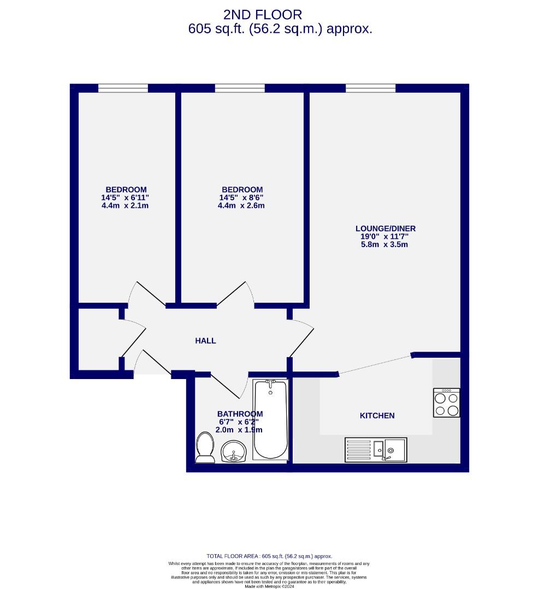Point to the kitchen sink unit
[x=376, y=449]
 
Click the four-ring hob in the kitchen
[x=446, y=402]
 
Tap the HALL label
[x=205, y=341]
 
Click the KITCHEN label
[x=377, y=416]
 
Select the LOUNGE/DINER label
[x=381, y=229]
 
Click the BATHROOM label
[x=240, y=414]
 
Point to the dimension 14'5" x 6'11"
[x=125, y=197]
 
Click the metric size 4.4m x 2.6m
[x=241, y=206]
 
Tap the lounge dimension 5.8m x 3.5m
[x=381, y=245]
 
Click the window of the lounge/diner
[x=370, y=88]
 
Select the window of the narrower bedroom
[x=123, y=88]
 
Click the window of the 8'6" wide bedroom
[x=240, y=88]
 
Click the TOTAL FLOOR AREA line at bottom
[x=269, y=556]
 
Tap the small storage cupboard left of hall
[x=98, y=339]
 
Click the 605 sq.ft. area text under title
[x=280, y=29]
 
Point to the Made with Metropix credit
[x=269, y=586]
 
